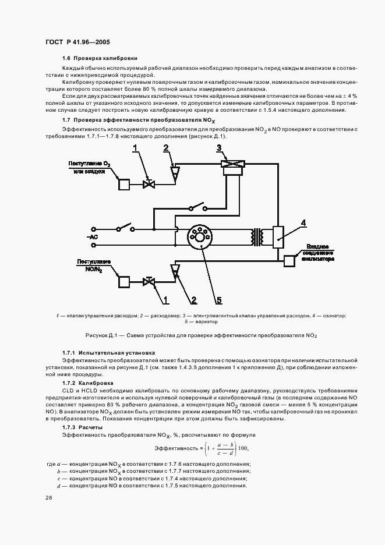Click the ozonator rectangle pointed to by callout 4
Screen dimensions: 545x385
coord(278,235)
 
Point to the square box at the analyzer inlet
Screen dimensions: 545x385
coord(289,261)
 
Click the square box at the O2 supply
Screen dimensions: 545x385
coord(125,184)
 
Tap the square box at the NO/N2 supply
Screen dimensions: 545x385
coord(125,282)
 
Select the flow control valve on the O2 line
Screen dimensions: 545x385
coord(148,184)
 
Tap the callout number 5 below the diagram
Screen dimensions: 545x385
coord(218,300)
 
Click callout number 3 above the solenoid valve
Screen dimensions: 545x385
coord(218,147)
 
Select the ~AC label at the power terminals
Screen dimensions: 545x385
coord(91,238)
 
